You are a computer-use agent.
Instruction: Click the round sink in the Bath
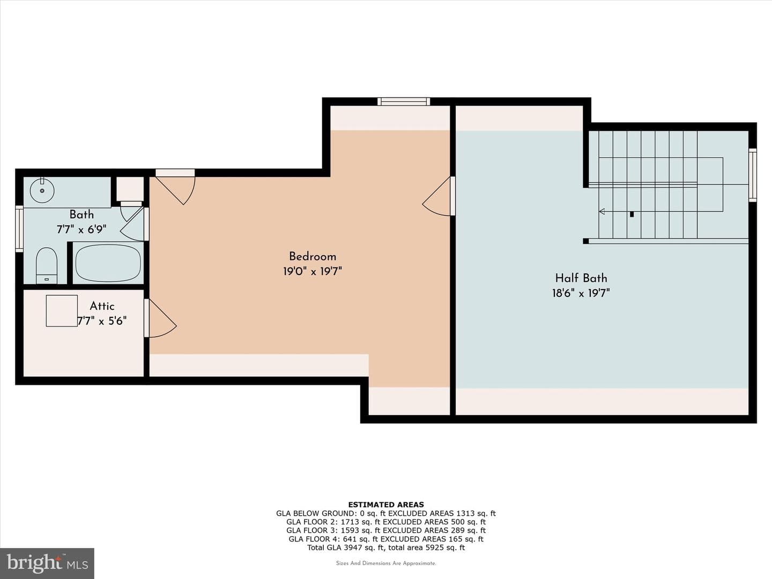[x=42, y=190]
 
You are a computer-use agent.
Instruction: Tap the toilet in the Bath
[x=47, y=265]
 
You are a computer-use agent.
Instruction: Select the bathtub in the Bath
[x=108, y=263]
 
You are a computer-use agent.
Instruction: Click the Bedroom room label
[x=313, y=256]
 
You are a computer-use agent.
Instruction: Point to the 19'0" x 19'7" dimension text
[x=313, y=271]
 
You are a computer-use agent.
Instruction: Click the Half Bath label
[x=581, y=278]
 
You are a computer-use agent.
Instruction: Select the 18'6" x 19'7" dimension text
[x=581, y=293]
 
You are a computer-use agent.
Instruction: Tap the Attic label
[x=102, y=306]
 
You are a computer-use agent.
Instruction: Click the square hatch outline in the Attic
[x=62, y=311]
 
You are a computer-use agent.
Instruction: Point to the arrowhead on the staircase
[x=602, y=211]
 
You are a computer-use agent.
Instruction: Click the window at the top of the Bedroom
[x=404, y=102]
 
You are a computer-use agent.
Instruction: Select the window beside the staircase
[x=753, y=175]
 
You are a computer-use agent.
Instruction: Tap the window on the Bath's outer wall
[x=19, y=229]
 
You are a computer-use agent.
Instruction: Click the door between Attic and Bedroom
[x=160, y=318]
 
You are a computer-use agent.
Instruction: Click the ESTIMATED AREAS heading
[x=386, y=505]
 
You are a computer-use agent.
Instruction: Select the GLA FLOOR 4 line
[x=386, y=539]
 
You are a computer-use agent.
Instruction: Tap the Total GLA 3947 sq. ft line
[x=386, y=547]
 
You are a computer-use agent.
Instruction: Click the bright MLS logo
[x=47, y=563]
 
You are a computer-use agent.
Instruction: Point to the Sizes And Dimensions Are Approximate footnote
[x=386, y=563]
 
